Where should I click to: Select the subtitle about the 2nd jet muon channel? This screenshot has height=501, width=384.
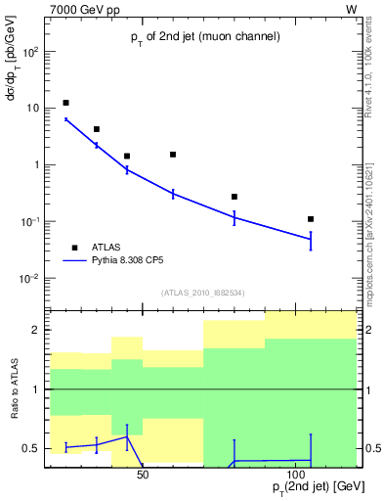206,37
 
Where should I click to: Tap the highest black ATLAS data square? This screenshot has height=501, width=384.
65,103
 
